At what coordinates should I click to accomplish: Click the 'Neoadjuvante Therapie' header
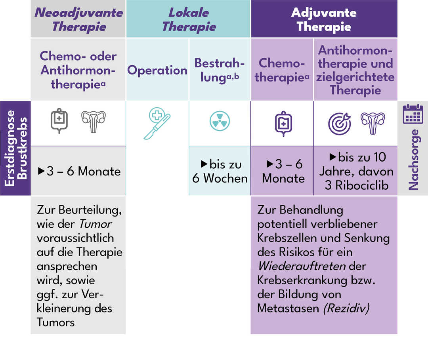(78, 20)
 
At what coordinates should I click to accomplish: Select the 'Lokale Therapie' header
(189, 20)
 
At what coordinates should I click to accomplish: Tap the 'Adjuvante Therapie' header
(324, 20)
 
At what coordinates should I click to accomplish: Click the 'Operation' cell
(157, 70)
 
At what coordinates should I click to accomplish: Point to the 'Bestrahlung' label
(220, 70)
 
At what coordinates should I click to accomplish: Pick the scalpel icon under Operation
(157, 123)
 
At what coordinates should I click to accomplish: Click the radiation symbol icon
(220, 121)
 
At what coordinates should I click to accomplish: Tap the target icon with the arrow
(340, 124)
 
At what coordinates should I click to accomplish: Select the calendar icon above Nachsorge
(413, 114)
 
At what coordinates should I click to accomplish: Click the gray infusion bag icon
(59, 120)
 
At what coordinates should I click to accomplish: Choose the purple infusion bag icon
(284, 124)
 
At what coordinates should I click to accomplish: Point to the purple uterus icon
(373, 123)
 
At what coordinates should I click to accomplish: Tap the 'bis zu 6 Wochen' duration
(220, 171)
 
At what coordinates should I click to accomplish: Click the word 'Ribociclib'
(362, 185)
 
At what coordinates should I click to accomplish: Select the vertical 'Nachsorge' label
(413, 160)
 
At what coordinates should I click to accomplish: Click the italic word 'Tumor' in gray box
(95, 224)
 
